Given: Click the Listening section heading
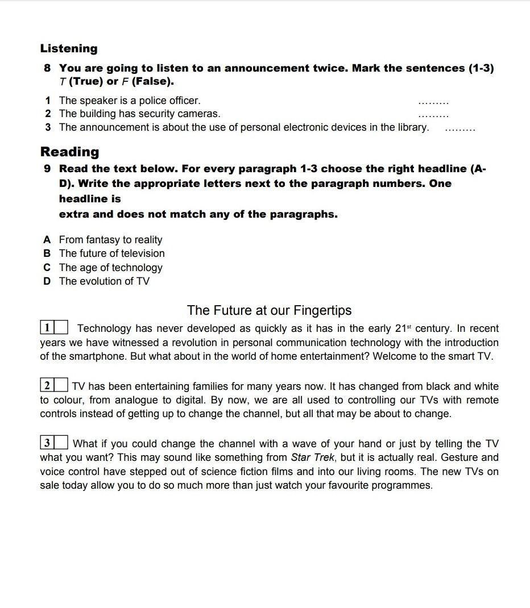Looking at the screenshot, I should pyautogui.click(x=69, y=49).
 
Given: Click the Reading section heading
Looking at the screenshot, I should pyautogui.click(x=69, y=152).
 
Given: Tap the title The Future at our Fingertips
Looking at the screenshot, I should pyautogui.click(x=269, y=310).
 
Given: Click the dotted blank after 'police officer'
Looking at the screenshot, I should pyautogui.click(x=433, y=102).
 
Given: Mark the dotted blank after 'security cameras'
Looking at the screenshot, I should pyautogui.click(x=433, y=115).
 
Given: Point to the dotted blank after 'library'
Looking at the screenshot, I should pyautogui.click(x=459, y=129).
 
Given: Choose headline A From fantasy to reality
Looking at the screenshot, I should pyautogui.click(x=110, y=240).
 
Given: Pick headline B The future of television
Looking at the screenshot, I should pyautogui.click(x=111, y=253).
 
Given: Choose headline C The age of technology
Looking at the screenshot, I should pyautogui.click(x=110, y=268).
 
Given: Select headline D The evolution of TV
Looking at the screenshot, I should pyautogui.click(x=104, y=281).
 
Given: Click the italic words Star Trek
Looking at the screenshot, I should pyautogui.click(x=312, y=457).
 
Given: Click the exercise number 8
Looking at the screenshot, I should pyautogui.click(x=47, y=68).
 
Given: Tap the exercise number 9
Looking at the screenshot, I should pyautogui.click(x=47, y=169).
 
